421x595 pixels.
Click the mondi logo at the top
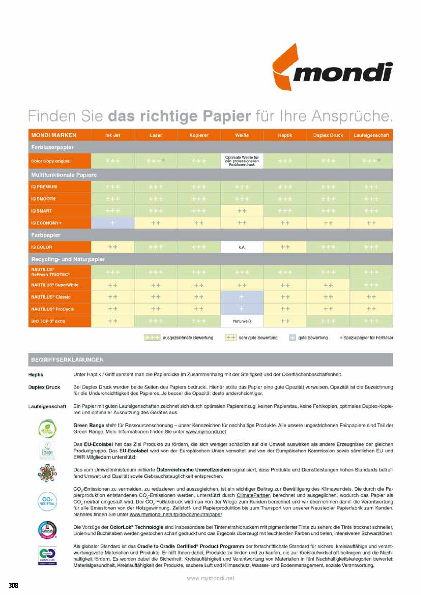[332, 68]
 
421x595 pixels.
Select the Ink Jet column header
[112, 135]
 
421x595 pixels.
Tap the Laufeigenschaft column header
[371, 135]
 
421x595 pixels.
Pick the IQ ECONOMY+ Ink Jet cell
[112, 223]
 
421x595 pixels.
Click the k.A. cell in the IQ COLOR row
[242, 247]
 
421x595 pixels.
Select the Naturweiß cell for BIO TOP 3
[242, 321]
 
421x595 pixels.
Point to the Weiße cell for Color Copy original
[242, 161]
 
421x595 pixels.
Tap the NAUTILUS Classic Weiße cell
[242, 297]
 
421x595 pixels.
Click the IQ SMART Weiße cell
[242, 211]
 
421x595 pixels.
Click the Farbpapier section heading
[46, 235]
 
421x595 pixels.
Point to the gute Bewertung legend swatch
[293, 338]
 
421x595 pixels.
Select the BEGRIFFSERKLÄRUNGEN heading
[67, 360]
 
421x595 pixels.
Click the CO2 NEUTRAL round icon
[47, 501]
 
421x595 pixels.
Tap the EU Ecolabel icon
[47, 451]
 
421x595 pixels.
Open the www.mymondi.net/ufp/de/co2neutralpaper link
[176, 514]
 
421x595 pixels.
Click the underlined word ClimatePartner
[253, 495]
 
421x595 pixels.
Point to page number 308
[13, 585]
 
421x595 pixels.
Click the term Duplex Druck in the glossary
[44, 387]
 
